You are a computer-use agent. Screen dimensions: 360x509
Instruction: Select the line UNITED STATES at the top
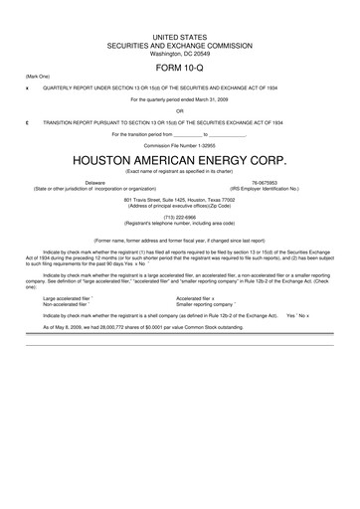[180, 36]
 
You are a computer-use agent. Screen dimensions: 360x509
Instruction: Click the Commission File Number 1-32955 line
[180, 144]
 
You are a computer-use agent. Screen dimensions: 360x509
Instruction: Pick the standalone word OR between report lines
[180, 110]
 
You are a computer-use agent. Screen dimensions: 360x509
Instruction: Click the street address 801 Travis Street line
[180, 199]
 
